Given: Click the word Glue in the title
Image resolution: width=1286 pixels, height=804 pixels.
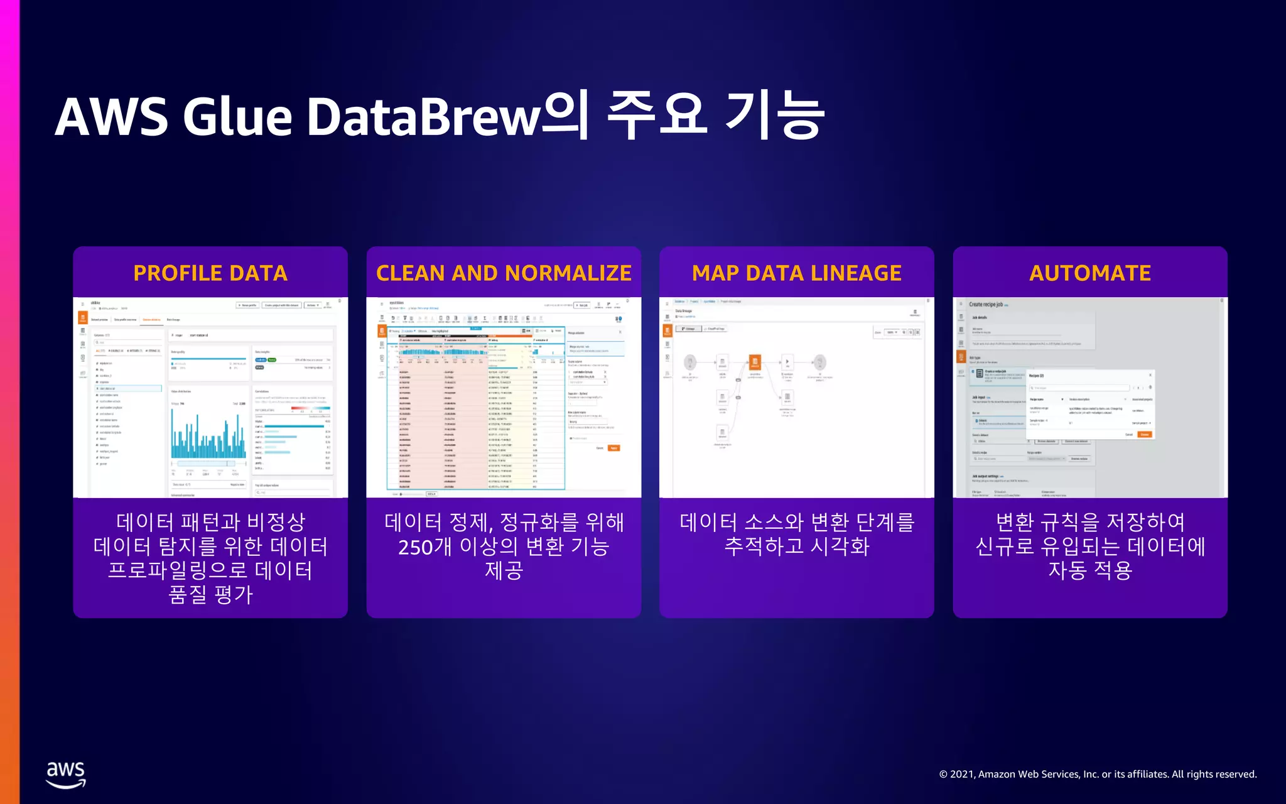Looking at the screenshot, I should (x=237, y=117).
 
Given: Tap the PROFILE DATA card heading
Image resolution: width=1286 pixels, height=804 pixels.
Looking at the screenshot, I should (x=210, y=273).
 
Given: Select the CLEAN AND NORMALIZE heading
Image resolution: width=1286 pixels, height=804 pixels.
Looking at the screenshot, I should (x=504, y=273).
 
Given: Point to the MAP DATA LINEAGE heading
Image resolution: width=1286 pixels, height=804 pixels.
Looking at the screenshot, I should (x=796, y=273).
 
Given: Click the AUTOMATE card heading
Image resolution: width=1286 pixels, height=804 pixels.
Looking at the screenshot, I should (x=1090, y=273).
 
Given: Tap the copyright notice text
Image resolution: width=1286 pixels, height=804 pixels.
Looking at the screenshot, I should (x=1098, y=774).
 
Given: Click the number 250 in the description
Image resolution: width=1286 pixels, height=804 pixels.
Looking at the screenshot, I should (x=415, y=547).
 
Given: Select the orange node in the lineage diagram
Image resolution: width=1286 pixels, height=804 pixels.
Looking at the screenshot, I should (x=755, y=362).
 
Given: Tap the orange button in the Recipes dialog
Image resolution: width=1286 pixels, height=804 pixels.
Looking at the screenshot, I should (x=1145, y=435).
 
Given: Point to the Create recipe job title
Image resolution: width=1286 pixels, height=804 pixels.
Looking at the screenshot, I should (x=986, y=305).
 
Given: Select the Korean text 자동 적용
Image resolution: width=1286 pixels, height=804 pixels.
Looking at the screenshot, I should (x=1090, y=570).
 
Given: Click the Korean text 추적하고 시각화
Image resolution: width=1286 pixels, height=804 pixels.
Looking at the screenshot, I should (x=796, y=546).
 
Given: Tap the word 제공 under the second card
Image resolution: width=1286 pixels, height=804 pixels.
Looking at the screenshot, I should (x=504, y=570).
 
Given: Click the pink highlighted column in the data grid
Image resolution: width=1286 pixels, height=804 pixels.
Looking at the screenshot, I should (x=465, y=427).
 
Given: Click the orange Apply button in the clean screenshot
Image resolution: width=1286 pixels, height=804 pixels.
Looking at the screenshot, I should (x=613, y=448).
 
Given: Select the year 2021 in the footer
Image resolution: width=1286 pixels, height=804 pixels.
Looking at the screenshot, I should (x=962, y=774).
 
